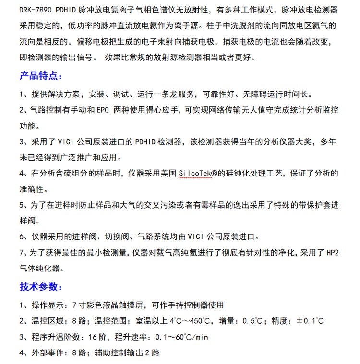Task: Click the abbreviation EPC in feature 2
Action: pos(102,110)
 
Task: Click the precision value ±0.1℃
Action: pos(310,321)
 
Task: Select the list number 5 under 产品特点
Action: pos(22,205)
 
